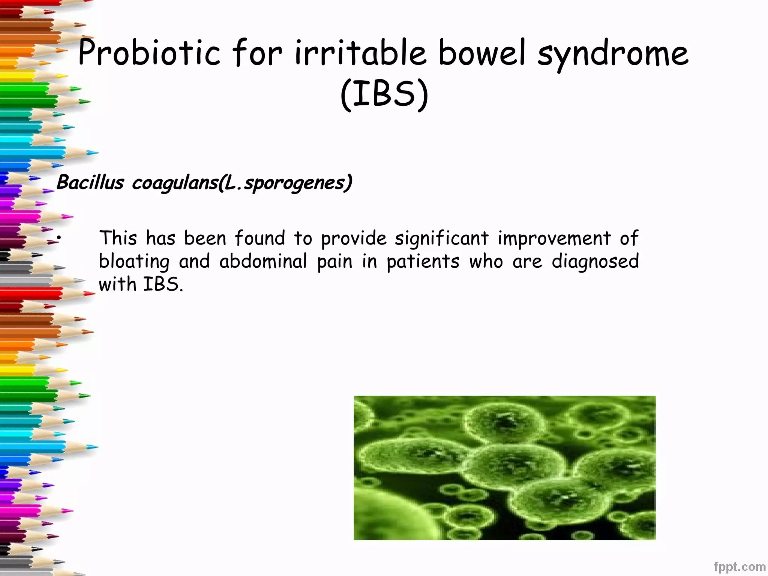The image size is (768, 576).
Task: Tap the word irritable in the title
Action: (360, 53)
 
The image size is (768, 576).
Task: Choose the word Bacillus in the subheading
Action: (90, 183)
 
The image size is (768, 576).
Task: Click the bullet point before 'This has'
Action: (59, 238)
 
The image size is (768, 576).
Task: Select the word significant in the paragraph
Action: (442, 238)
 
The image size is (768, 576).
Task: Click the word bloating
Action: (134, 262)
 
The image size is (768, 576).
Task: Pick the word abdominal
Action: (263, 261)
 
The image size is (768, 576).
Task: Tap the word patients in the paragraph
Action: (423, 261)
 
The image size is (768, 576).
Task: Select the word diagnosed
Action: (595, 262)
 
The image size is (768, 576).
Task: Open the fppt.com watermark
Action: (739, 567)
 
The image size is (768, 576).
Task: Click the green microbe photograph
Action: (504, 468)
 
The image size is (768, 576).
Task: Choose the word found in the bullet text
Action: (260, 238)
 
